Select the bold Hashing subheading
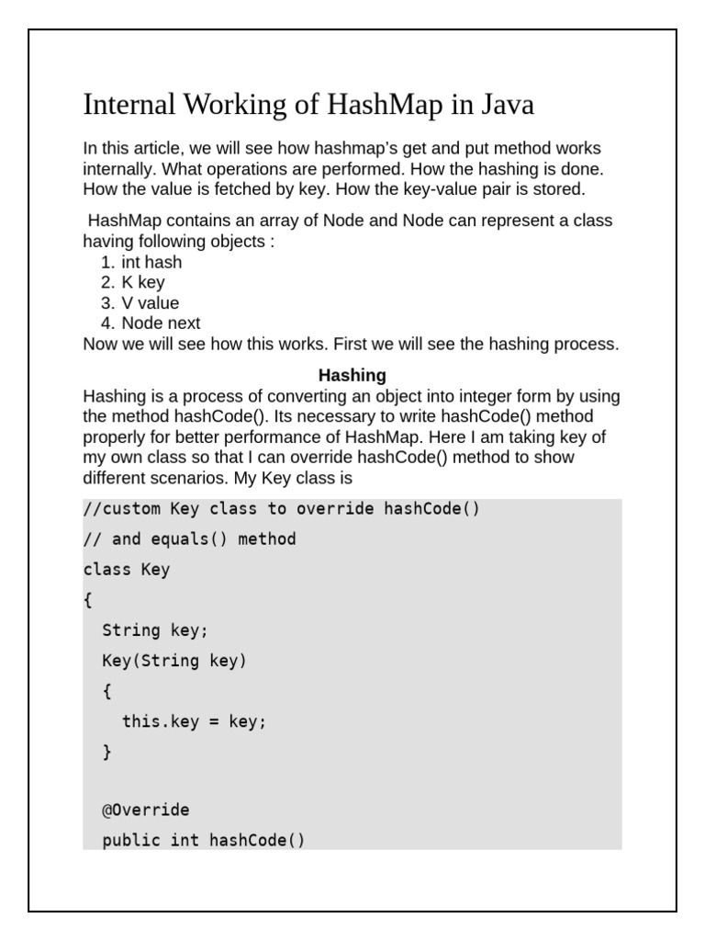pyautogui.click(x=352, y=376)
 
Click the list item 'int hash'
pyautogui.click(x=151, y=263)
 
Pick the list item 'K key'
pyautogui.click(x=143, y=283)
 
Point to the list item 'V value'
pyautogui.click(x=151, y=303)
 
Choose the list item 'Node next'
pyautogui.click(x=161, y=323)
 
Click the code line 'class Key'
pyautogui.click(x=127, y=570)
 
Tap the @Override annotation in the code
pyautogui.click(x=146, y=811)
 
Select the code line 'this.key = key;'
pyautogui.click(x=194, y=721)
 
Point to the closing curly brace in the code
pyautogui.click(x=107, y=752)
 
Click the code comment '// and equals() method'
pyautogui.click(x=189, y=539)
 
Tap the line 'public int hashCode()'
pyautogui.click(x=203, y=840)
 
